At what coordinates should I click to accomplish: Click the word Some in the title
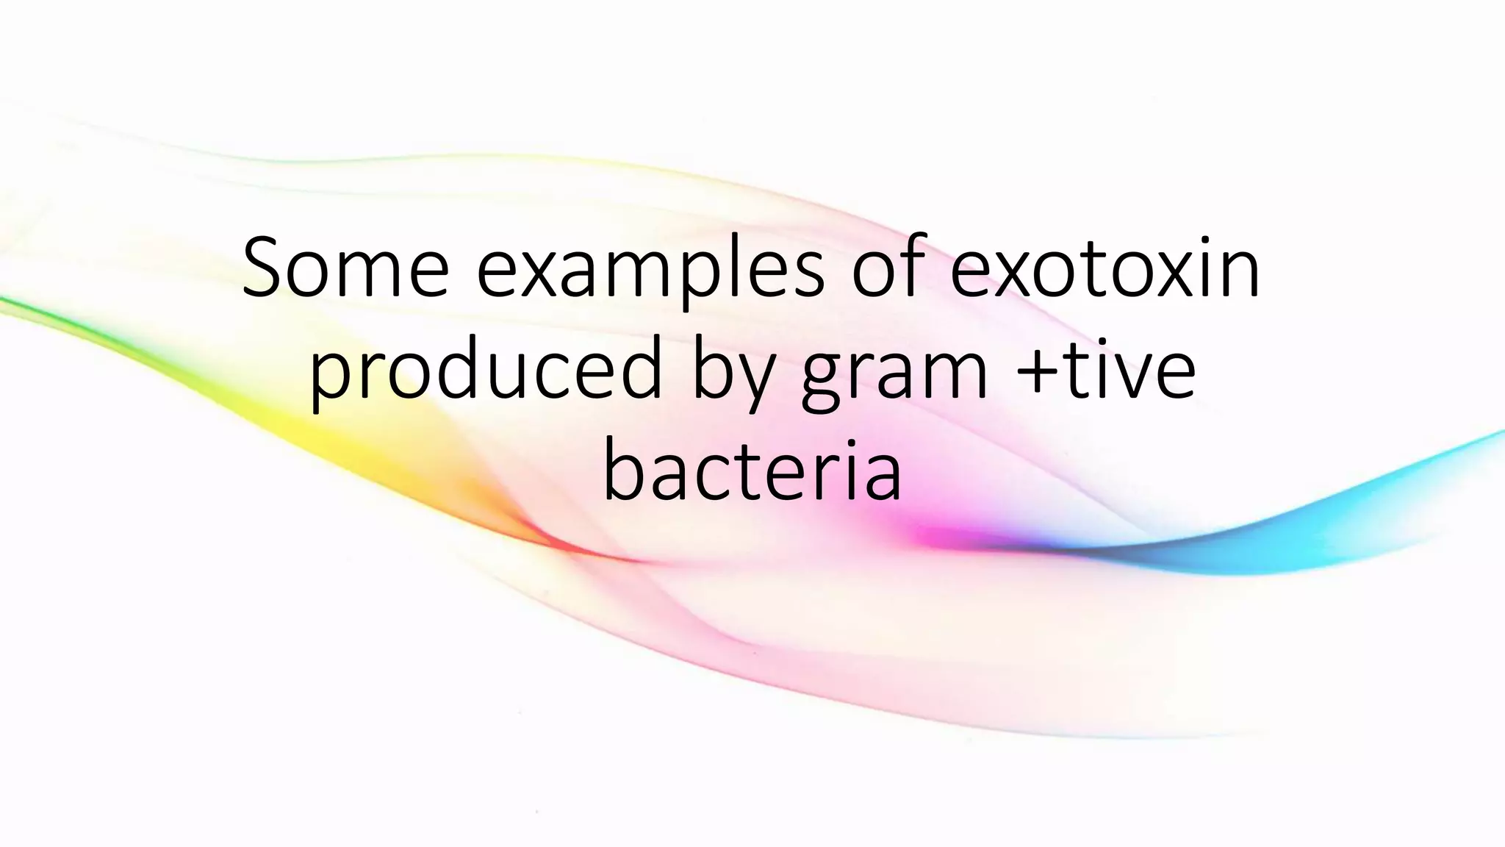click(345, 268)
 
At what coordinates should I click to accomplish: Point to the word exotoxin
click(1106, 268)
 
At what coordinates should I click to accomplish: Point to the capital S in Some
click(265, 268)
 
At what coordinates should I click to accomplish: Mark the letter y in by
click(756, 379)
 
